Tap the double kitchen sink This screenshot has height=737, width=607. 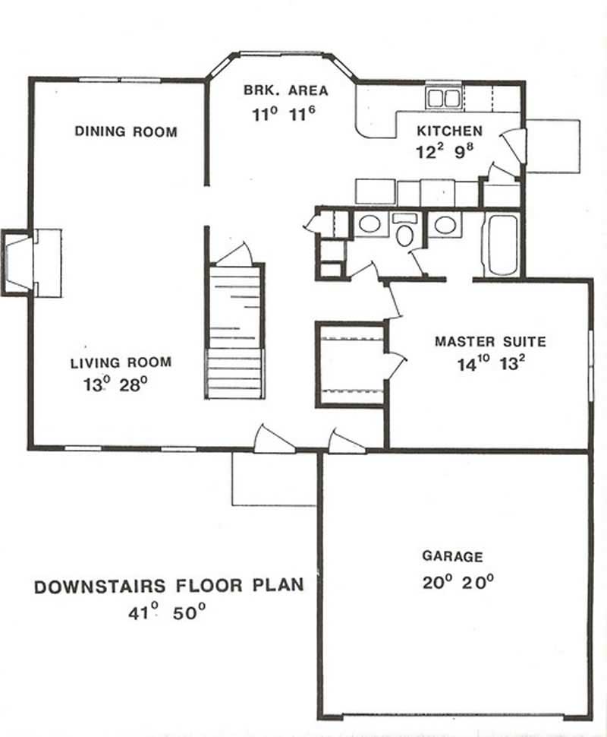tap(442, 97)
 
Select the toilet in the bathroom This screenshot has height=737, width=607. tap(405, 232)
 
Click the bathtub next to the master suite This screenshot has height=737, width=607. tap(501, 245)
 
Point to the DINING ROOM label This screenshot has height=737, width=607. tap(126, 131)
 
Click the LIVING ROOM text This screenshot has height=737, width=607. tap(121, 362)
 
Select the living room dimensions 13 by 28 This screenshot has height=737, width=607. tap(115, 384)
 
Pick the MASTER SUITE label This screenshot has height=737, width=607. tap(490, 341)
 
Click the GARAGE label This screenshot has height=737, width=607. tap(452, 557)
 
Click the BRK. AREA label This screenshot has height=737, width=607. tap(286, 90)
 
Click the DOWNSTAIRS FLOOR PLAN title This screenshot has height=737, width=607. tap(169, 586)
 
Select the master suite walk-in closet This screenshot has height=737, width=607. tap(350, 365)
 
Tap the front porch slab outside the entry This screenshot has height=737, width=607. tap(273, 479)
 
